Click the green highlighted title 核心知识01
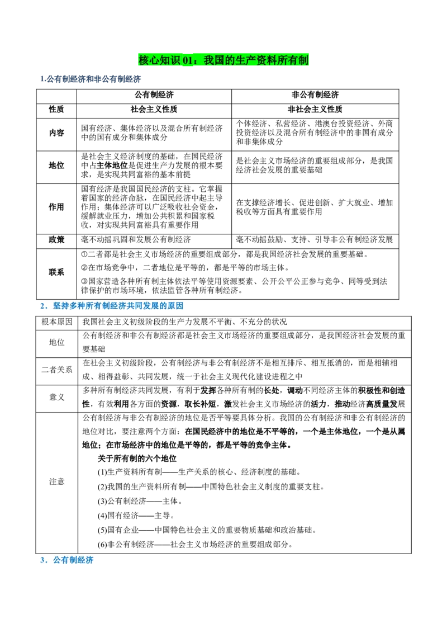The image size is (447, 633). tap(223, 60)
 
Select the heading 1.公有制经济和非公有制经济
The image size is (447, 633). tap(91, 79)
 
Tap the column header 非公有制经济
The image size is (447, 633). tap(315, 95)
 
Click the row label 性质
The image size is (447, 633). tap(56, 110)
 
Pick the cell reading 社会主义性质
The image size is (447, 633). tap(154, 110)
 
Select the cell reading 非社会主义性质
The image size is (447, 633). tap(315, 110)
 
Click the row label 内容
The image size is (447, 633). tap(56, 133)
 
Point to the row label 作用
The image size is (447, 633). tap(56, 207)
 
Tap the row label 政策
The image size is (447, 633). tap(56, 239)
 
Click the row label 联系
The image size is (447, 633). tap(56, 272)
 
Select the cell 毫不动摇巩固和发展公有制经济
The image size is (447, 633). tap(136, 239)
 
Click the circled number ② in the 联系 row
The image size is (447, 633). tap(84, 268)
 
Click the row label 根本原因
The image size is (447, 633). tap(57, 322)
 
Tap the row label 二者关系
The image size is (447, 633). tap(57, 370)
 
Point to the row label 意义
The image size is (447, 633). tap(57, 397)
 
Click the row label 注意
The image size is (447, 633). tap(57, 481)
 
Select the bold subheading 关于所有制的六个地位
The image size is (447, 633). tap(137, 459)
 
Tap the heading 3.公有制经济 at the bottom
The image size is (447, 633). tap(66, 560)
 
